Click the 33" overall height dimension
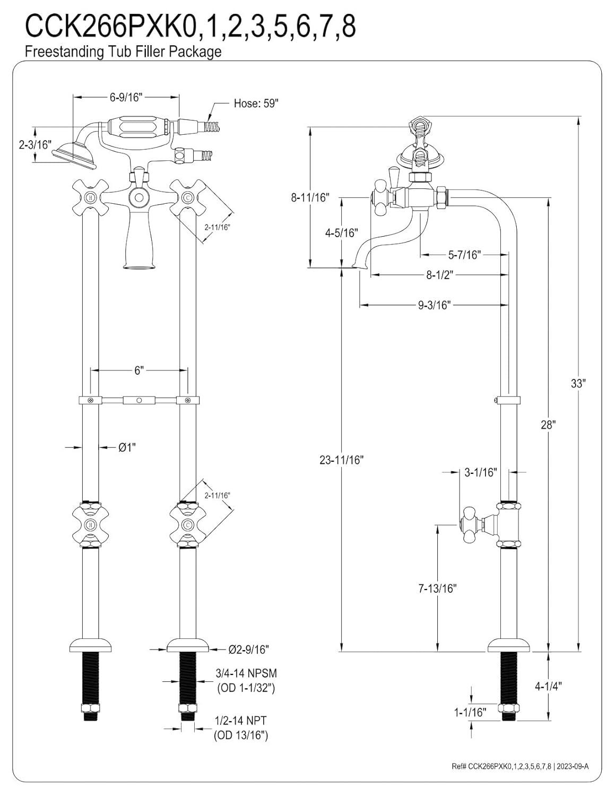point(577,384)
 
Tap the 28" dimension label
point(549,425)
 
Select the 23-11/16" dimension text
point(341,460)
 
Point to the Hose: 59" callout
point(256,103)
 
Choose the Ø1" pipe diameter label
point(126,447)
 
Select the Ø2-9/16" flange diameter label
point(248,648)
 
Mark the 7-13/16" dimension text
point(437,589)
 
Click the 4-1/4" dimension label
point(548,686)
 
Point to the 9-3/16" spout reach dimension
point(434,305)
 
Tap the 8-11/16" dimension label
point(310,197)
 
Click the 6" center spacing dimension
point(138,370)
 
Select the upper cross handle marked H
point(90,197)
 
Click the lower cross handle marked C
point(187,525)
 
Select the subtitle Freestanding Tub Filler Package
point(123,52)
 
